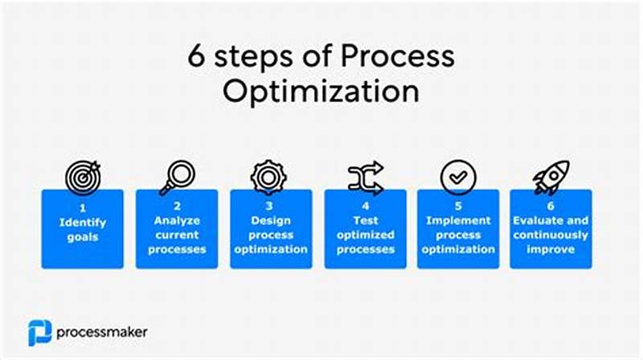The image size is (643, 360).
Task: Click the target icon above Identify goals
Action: (82, 177)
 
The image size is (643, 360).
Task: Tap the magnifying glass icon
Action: (176, 177)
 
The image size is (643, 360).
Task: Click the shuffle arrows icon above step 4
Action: (365, 177)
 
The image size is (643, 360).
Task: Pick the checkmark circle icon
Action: (458, 177)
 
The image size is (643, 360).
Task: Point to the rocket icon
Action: (551, 177)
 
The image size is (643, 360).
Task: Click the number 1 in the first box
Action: (82, 206)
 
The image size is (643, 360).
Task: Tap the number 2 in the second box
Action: (176, 206)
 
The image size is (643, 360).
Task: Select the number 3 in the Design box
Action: (271, 206)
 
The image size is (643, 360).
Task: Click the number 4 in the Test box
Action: (365, 206)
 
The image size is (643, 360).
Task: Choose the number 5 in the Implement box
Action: (458, 206)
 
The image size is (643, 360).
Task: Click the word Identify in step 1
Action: (82, 220)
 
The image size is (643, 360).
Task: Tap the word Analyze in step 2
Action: (176, 220)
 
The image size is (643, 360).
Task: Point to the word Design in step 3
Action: (271, 220)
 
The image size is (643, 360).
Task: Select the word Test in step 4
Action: (365, 220)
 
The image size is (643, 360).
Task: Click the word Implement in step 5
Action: (458, 220)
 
